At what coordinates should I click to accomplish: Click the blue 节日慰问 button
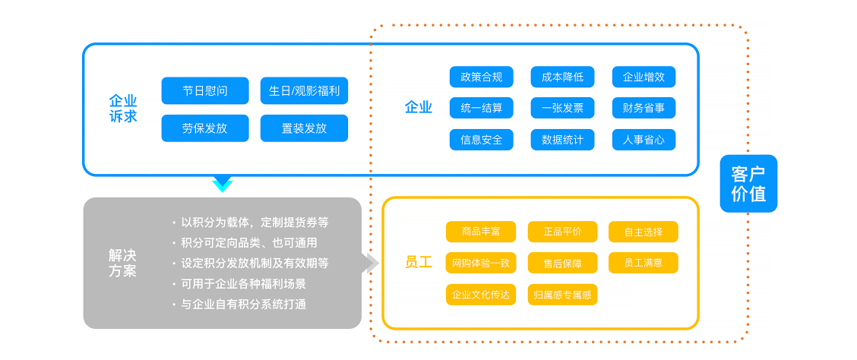[x=205, y=90]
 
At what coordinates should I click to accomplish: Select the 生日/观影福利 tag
[x=304, y=90]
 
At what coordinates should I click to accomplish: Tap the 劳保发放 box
[x=205, y=128]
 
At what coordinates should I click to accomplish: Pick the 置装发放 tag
[x=304, y=128]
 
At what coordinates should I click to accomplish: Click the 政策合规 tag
[x=482, y=77]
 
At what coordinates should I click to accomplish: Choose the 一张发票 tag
[x=562, y=108]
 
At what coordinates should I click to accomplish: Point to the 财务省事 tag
[x=644, y=108]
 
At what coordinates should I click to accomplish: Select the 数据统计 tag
[x=562, y=140]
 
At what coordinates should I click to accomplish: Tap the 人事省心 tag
[x=644, y=140]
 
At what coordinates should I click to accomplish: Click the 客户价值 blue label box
[x=748, y=184]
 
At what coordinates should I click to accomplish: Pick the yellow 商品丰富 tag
[x=481, y=232]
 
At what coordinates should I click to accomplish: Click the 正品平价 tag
[x=562, y=232]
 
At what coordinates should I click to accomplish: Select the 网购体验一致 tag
[x=481, y=263]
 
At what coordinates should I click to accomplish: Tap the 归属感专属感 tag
[x=562, y=295]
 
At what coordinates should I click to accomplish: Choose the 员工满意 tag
[x=644, y=263]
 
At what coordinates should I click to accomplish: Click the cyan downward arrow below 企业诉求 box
[x=223, y=184]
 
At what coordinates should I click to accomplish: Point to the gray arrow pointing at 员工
[x=371, y=263]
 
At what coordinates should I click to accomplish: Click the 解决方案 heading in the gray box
[x=122, y=264]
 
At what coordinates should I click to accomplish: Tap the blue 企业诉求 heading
[x=123, y=108]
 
